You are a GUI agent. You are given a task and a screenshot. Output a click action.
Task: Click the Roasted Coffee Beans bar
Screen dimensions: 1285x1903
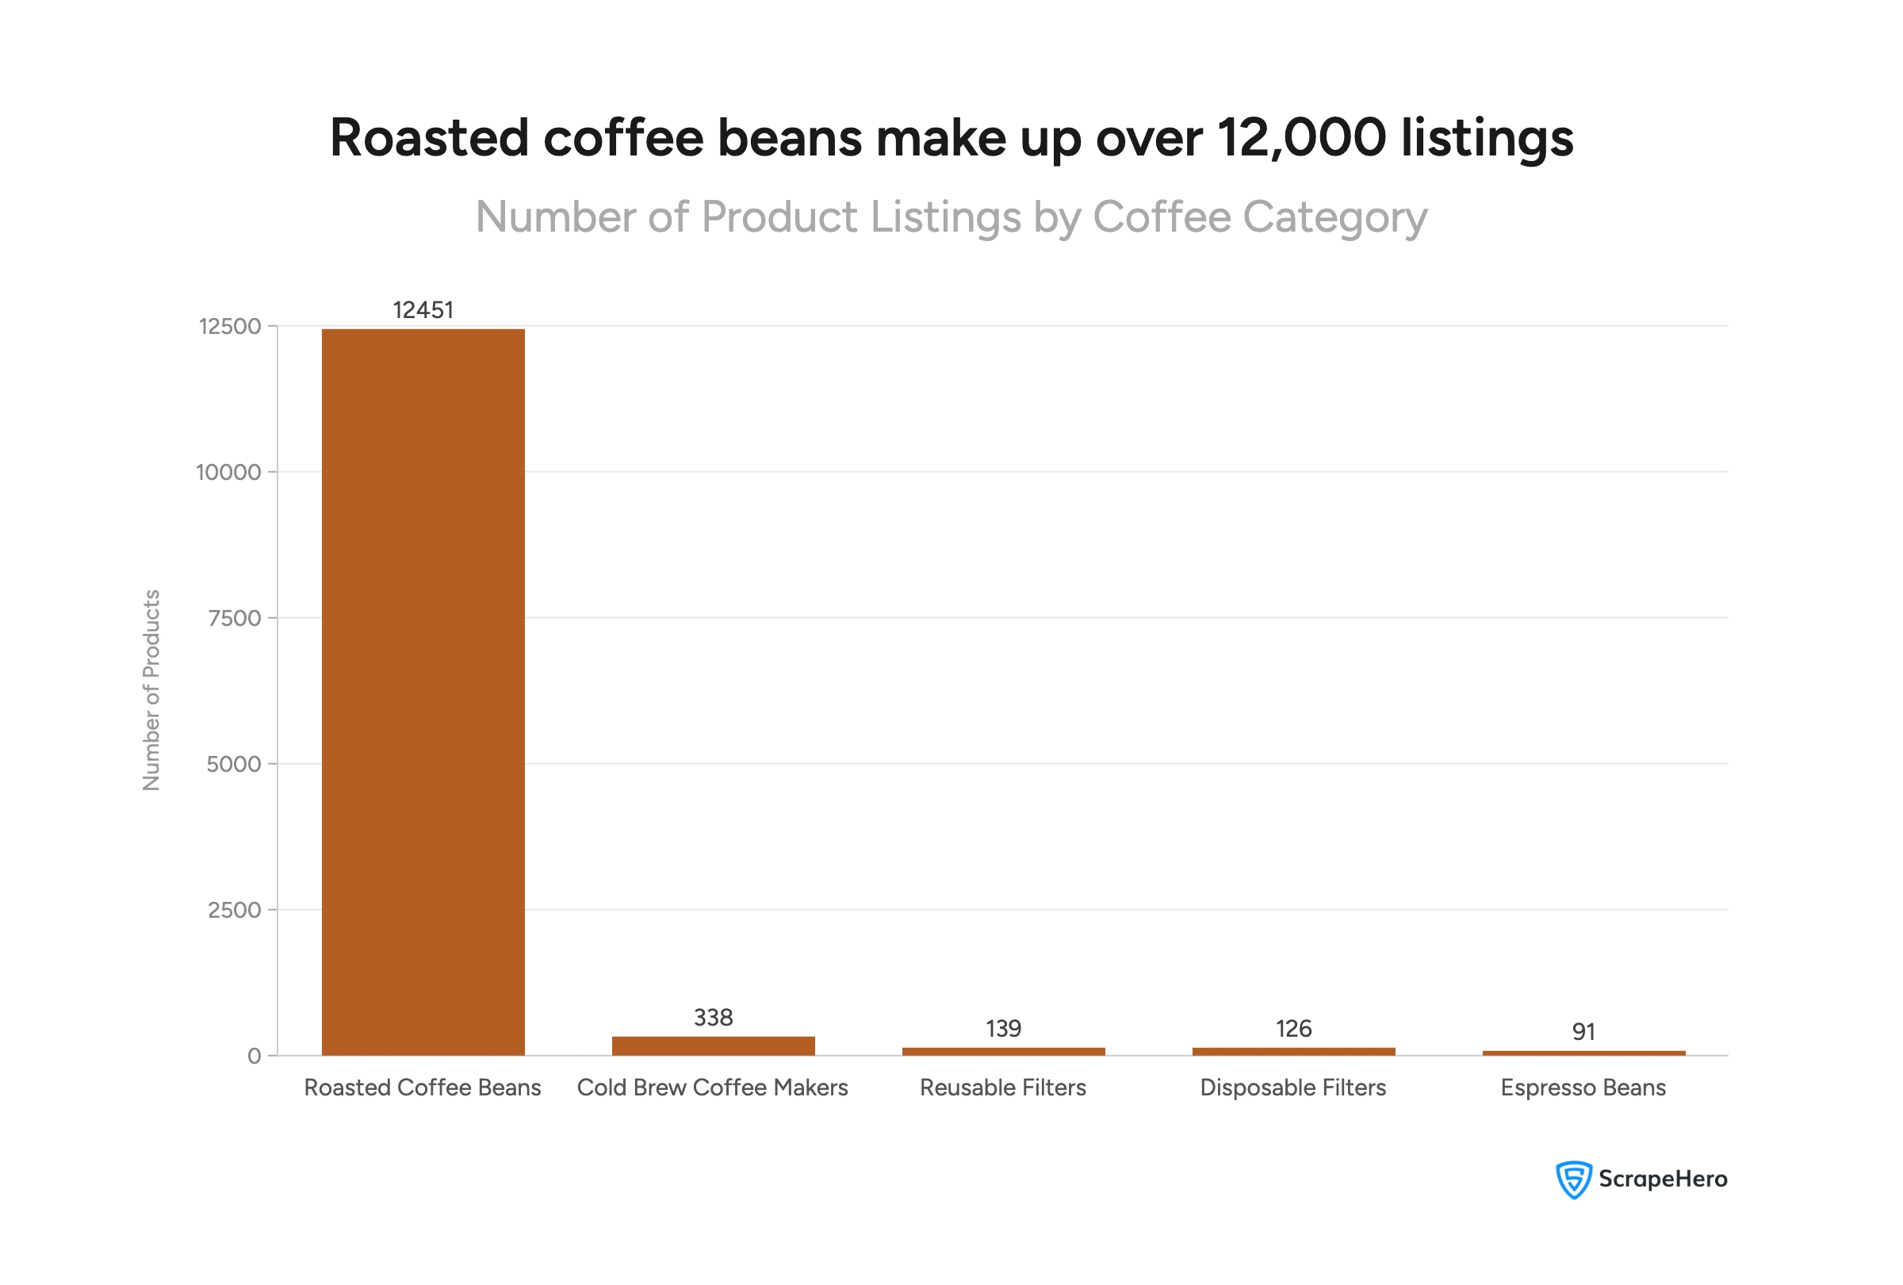[x=423, y=692]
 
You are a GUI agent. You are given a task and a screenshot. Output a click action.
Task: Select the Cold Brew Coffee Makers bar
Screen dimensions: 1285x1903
[x=713, y=1046]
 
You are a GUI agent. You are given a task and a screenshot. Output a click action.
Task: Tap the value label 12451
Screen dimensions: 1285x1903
[x=423, y=310]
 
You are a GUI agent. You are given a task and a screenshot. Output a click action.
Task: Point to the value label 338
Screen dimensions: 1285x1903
[x=713, y=1017]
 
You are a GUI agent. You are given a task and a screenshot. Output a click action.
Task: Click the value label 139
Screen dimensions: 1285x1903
[x=1003, y=1029]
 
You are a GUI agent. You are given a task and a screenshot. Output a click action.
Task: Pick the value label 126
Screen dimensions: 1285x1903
[x=1293, y=1029]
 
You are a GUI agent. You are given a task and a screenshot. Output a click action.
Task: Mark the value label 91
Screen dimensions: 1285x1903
[x=1583, y=1032]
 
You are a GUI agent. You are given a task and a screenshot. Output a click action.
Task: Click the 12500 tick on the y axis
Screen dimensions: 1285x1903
[x=230, y=327]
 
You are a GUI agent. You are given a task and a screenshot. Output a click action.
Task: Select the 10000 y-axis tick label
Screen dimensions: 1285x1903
[x=228, y=473]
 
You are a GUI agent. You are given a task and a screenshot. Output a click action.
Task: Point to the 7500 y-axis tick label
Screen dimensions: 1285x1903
[x=234, y=619]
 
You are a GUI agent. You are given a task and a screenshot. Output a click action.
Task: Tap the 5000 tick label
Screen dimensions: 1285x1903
[x=233, y=764]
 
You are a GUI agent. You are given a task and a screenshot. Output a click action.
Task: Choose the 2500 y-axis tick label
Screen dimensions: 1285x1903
[x=234, y=910]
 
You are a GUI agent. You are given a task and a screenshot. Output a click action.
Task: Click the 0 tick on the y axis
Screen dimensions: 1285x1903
[x=255, y=1057]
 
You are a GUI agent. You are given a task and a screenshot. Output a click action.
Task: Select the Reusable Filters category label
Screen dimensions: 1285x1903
[x=1003, y=1087]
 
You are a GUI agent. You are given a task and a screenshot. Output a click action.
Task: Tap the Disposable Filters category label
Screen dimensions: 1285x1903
[x=1293, y=1087]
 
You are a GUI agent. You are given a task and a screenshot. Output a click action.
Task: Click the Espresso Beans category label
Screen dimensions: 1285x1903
[x=1583, y=1087]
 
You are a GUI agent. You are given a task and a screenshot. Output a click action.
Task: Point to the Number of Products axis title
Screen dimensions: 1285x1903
[x=151, y=690]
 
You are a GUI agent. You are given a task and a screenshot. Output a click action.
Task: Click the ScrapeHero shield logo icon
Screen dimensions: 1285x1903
[x=1573, y=1180]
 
